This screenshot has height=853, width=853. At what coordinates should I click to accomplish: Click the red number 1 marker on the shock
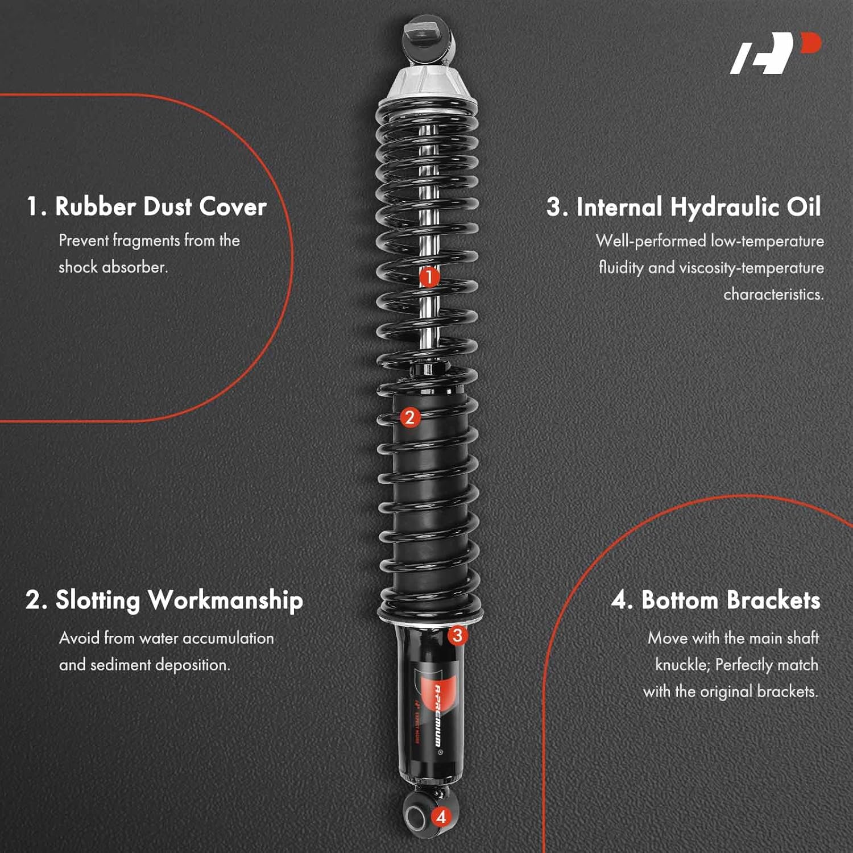[x=429, y=278]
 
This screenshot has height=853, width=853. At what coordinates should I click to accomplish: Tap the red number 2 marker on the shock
[x=409, y=417]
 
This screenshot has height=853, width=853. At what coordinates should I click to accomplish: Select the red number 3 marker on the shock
[x=457, y=635]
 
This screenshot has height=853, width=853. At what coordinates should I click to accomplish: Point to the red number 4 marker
[x=441, y=817]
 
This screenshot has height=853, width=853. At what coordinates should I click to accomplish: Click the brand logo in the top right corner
[x=775, y=53]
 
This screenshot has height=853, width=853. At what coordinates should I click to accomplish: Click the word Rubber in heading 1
[x=96, y=206]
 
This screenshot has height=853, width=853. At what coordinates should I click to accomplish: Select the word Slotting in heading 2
[x=97, y=601]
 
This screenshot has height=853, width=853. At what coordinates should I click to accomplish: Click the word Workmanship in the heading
[x=225, y=601]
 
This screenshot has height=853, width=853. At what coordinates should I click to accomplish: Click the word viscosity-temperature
[x=751, y=268]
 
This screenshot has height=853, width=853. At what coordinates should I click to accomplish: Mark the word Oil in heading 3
[x=804, y=207]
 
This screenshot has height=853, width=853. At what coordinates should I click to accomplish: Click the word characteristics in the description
[x=773, y=295]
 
